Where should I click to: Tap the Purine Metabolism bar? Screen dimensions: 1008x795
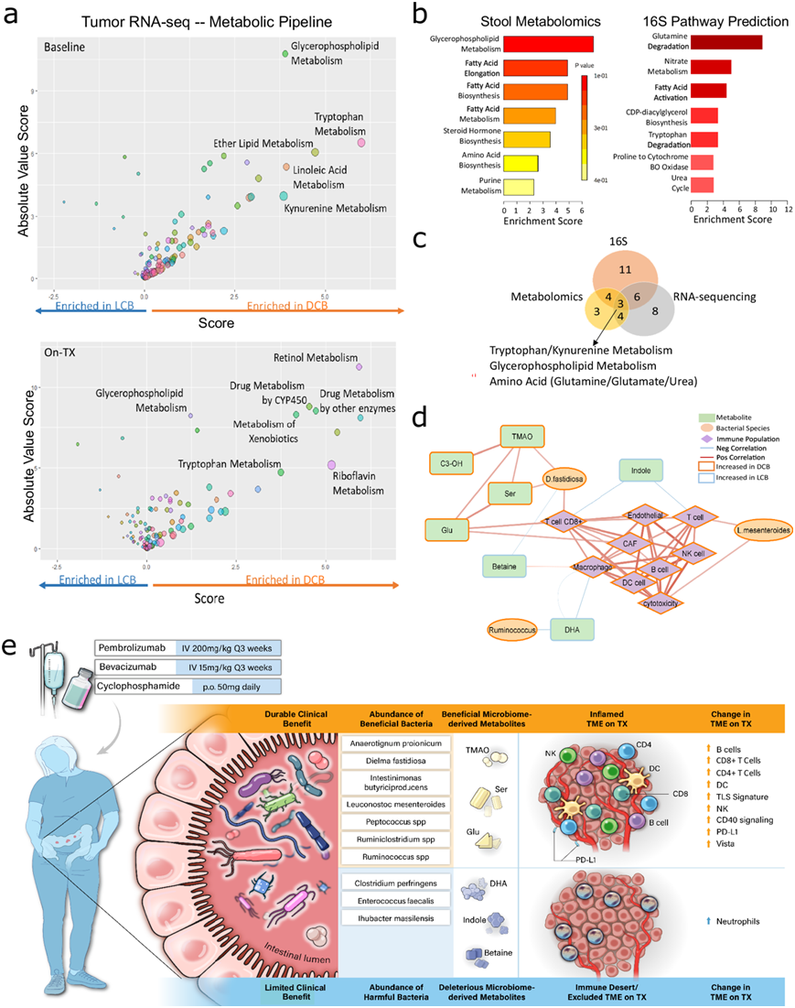(519, 187)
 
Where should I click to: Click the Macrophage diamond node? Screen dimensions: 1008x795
(592, 568)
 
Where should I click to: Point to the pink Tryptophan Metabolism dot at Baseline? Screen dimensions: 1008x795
(361, 142)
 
